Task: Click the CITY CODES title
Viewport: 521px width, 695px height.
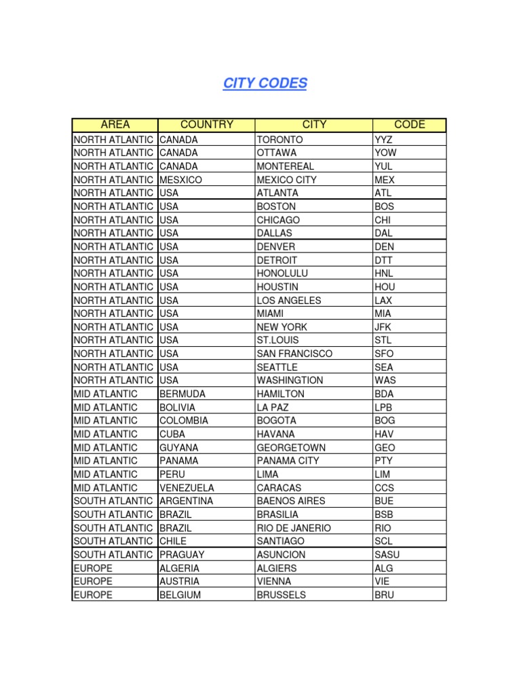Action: (265, 83)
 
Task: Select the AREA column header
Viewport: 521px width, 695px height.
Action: (115, 125)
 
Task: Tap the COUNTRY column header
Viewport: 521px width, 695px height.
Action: (206, 125)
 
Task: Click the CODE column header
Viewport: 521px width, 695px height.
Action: (409, 125)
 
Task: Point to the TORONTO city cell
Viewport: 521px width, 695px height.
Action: (279, 139)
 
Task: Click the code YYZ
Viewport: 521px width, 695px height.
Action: (383, 139)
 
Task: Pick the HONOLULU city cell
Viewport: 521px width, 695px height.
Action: (282, 274)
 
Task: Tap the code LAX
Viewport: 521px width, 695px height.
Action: (383, 300)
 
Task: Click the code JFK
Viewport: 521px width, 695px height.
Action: (383, 326)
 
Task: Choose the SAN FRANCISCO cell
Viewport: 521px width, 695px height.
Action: (294, 354)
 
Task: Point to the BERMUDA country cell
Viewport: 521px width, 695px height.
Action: (182, 394)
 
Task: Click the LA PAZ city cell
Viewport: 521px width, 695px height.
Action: (273, 407)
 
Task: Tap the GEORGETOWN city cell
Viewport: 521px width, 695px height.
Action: (291, 447)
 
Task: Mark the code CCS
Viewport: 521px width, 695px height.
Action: (384, 487)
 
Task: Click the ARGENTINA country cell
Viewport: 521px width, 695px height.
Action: (186, 501)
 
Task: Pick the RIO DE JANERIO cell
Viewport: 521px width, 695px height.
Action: (294, 527)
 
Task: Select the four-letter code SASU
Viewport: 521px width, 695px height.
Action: (387, 555)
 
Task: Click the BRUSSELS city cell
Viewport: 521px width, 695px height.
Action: (281, 595)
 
